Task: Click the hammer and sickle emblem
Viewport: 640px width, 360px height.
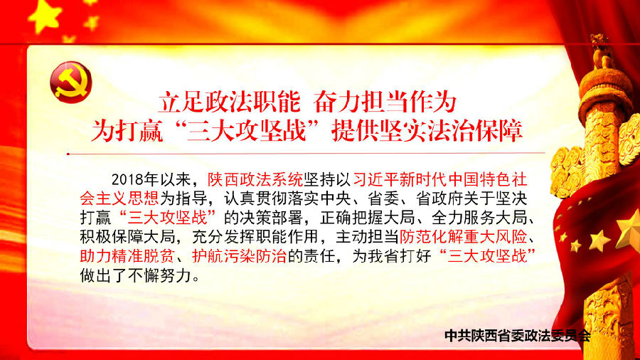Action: pyautogui.click(x=71, y=82)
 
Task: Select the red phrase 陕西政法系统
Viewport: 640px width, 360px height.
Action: pyautogui.click(x=255, y=179)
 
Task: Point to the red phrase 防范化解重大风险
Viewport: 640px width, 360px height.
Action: pyautogui.click(x=463, y=237)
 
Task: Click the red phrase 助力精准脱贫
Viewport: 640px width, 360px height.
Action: pyautogui.click(x=127, y=256)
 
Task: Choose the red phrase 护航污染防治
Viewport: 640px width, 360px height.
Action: pyautogui.click(x=240, y=256)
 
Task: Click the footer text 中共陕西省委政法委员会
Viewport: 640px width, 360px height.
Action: pyautogui.click(x=518, y=336)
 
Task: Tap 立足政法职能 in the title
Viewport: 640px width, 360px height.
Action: pyautogui.click(x=230, y=102)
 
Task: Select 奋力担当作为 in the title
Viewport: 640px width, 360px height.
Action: pyautogui.click(x=385, y=102)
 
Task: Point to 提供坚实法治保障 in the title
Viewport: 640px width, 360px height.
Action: pyautogui.click(x=427, y=131)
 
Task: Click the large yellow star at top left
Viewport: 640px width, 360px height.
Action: pyautogui.click(x=45, y=16)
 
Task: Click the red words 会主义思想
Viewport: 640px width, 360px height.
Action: pyautogui.click(x=119, y=198)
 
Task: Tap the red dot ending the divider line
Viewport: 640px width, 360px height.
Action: pyautogui.click(x=68, y=154)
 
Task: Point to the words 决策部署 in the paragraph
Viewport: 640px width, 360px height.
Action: pyautogui.click(x=272, y=218)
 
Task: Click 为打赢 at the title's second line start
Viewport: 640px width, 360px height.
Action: pyautogui.click(x=127, y=131)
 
